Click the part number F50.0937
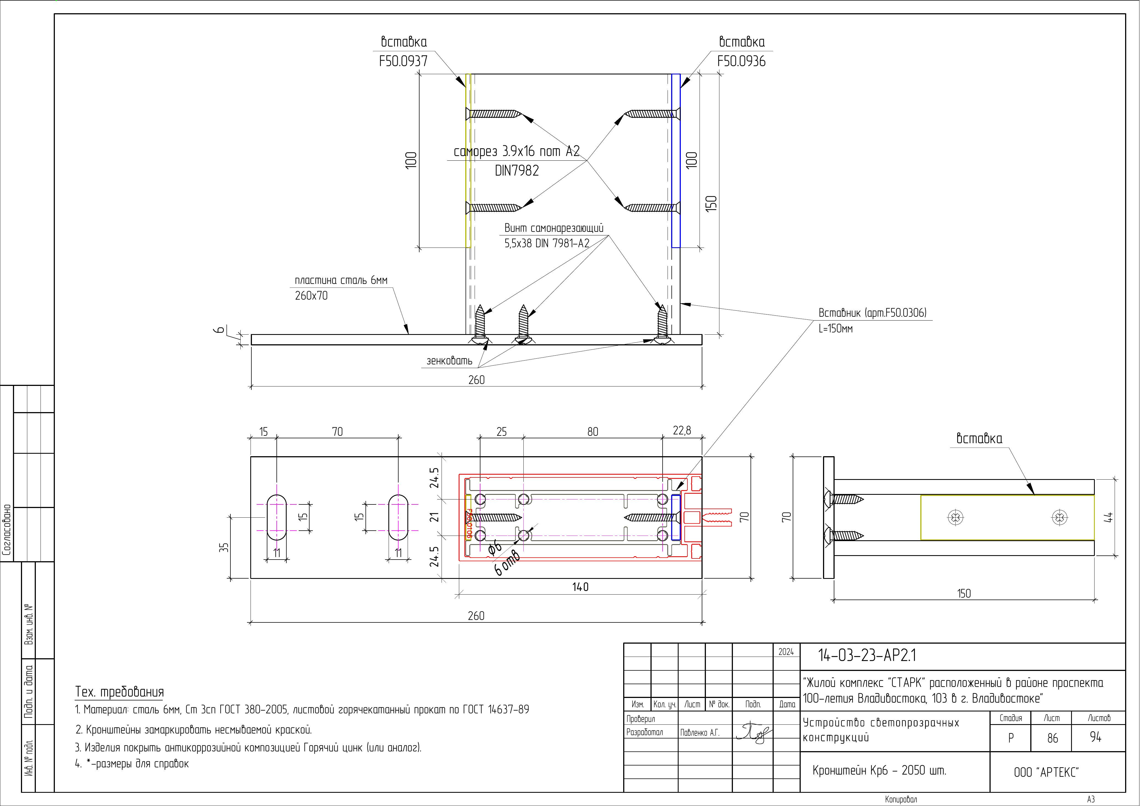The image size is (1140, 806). tap(403, 61)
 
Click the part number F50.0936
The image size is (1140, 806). tap(741, 61)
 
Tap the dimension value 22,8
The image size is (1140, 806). tap(682, 431)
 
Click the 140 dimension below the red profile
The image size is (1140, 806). tap(580, 587)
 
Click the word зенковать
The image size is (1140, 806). tap(449, 361)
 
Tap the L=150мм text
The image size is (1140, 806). tap(836, 329)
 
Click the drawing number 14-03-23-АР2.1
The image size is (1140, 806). tap(867, 655)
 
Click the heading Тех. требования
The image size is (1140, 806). tap(119, 692)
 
